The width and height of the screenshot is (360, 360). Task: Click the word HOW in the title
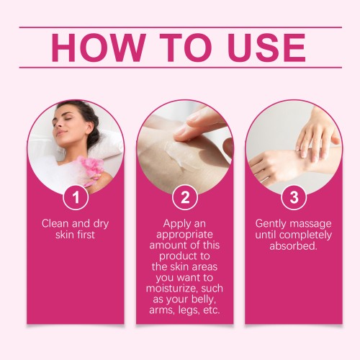99,48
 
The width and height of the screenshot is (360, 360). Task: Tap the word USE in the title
267,48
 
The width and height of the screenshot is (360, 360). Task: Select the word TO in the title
186,48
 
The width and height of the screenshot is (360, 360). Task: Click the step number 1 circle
76,197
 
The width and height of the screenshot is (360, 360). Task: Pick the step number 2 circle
185,197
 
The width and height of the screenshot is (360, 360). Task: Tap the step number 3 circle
294,197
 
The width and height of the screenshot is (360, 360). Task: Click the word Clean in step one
55,223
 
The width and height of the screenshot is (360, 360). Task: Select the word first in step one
86,235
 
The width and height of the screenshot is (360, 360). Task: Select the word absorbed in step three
293,246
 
